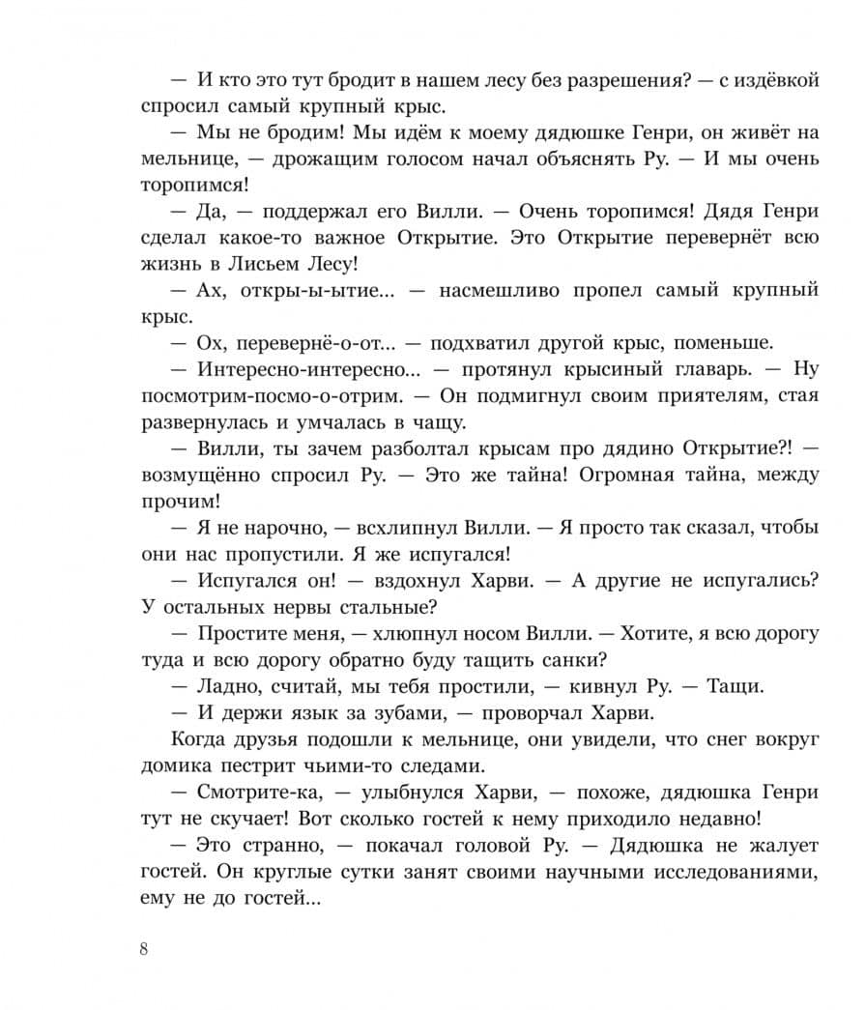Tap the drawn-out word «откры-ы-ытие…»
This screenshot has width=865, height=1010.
(308, 290)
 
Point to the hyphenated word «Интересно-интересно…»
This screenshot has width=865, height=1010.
(310, 369)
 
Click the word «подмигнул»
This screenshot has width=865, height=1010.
(525, 395)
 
